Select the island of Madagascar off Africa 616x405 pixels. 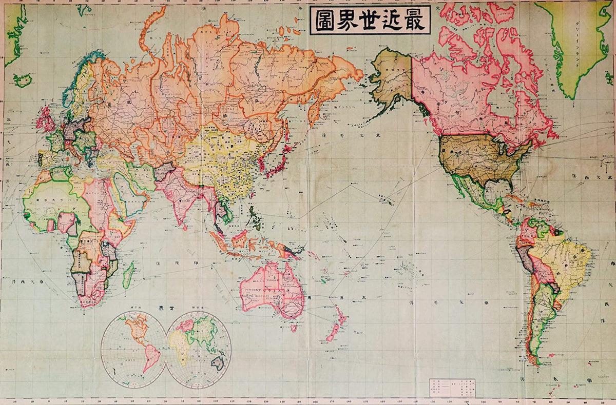click(128, 275)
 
